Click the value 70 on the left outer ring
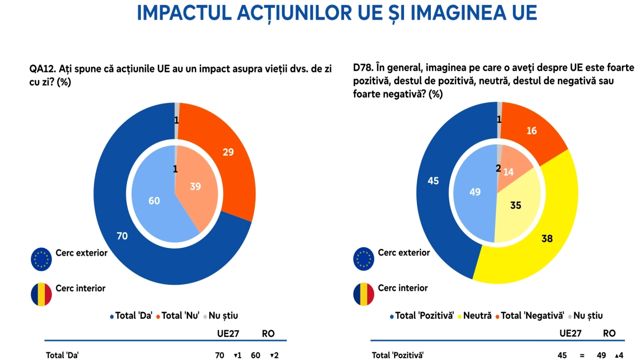122,236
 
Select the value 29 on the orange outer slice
228,152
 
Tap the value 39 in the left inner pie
196,186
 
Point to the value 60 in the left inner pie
154,201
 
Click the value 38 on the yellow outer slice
547,238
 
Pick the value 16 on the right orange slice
532,131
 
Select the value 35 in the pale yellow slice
516,206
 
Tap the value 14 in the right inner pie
508,172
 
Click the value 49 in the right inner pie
475,192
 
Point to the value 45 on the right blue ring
433,181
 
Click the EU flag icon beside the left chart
41,259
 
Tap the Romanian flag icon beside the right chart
364,294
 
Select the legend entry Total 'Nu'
178,316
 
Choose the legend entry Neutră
474,316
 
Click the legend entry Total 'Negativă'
530,316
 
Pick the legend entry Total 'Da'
131,316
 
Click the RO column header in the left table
268,334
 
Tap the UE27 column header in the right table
570,334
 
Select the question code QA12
42,69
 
